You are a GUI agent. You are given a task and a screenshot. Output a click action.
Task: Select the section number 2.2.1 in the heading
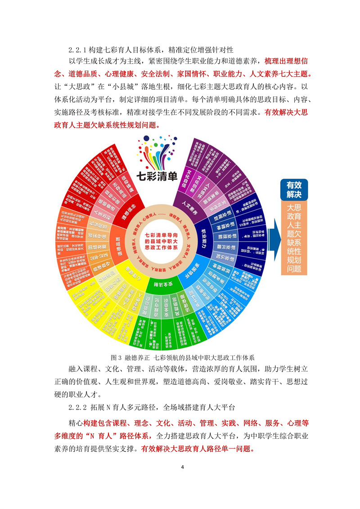point(77,49)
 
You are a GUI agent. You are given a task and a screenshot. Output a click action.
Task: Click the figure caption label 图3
point(116,358)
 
